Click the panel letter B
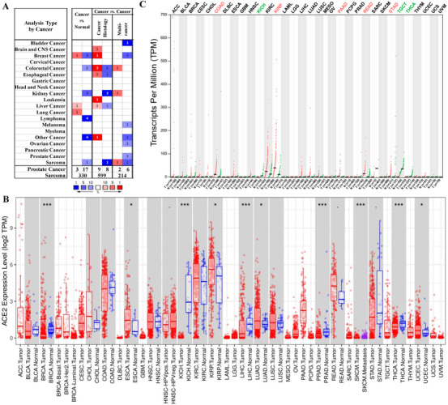(x=6, y=197)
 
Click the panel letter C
(x=143, y=5)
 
